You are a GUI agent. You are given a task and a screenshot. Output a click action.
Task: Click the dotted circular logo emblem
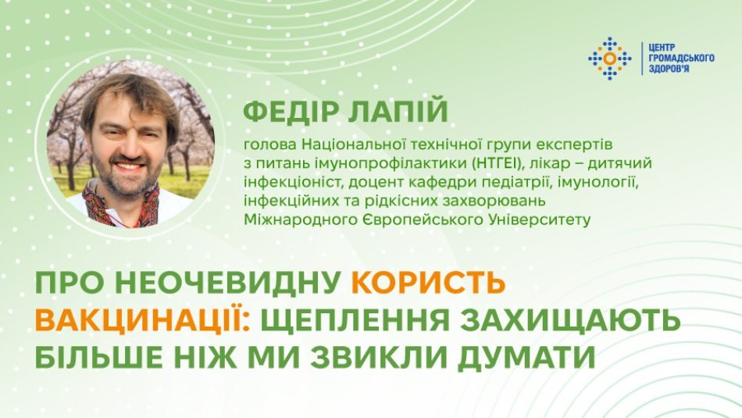point(609,59)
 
